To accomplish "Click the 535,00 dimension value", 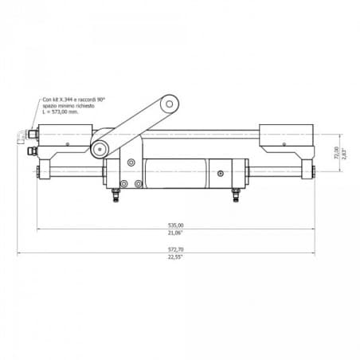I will [175, 225].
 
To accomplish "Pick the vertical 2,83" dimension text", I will [344, 152].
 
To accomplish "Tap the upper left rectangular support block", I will [68, 142].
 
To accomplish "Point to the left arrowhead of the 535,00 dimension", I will [40, 229].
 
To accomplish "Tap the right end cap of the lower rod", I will [311, 170].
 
